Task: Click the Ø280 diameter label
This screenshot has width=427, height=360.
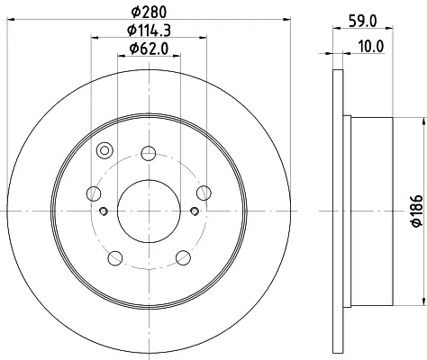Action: (149, 13)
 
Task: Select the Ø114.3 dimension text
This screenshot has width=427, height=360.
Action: (149, 31)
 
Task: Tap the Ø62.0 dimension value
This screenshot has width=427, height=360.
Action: (149, 49)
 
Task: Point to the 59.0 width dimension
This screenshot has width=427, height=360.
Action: (363, 22)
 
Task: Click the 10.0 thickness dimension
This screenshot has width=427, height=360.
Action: (371, 47)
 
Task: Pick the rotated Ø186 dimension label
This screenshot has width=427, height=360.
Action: (417, 211)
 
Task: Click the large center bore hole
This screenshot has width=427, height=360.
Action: (149, 211)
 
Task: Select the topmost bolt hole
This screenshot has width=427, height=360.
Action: (149, 153)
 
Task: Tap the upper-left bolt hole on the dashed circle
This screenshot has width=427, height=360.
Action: (94, 193)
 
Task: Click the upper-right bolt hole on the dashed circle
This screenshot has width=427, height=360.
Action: (204, 193)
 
